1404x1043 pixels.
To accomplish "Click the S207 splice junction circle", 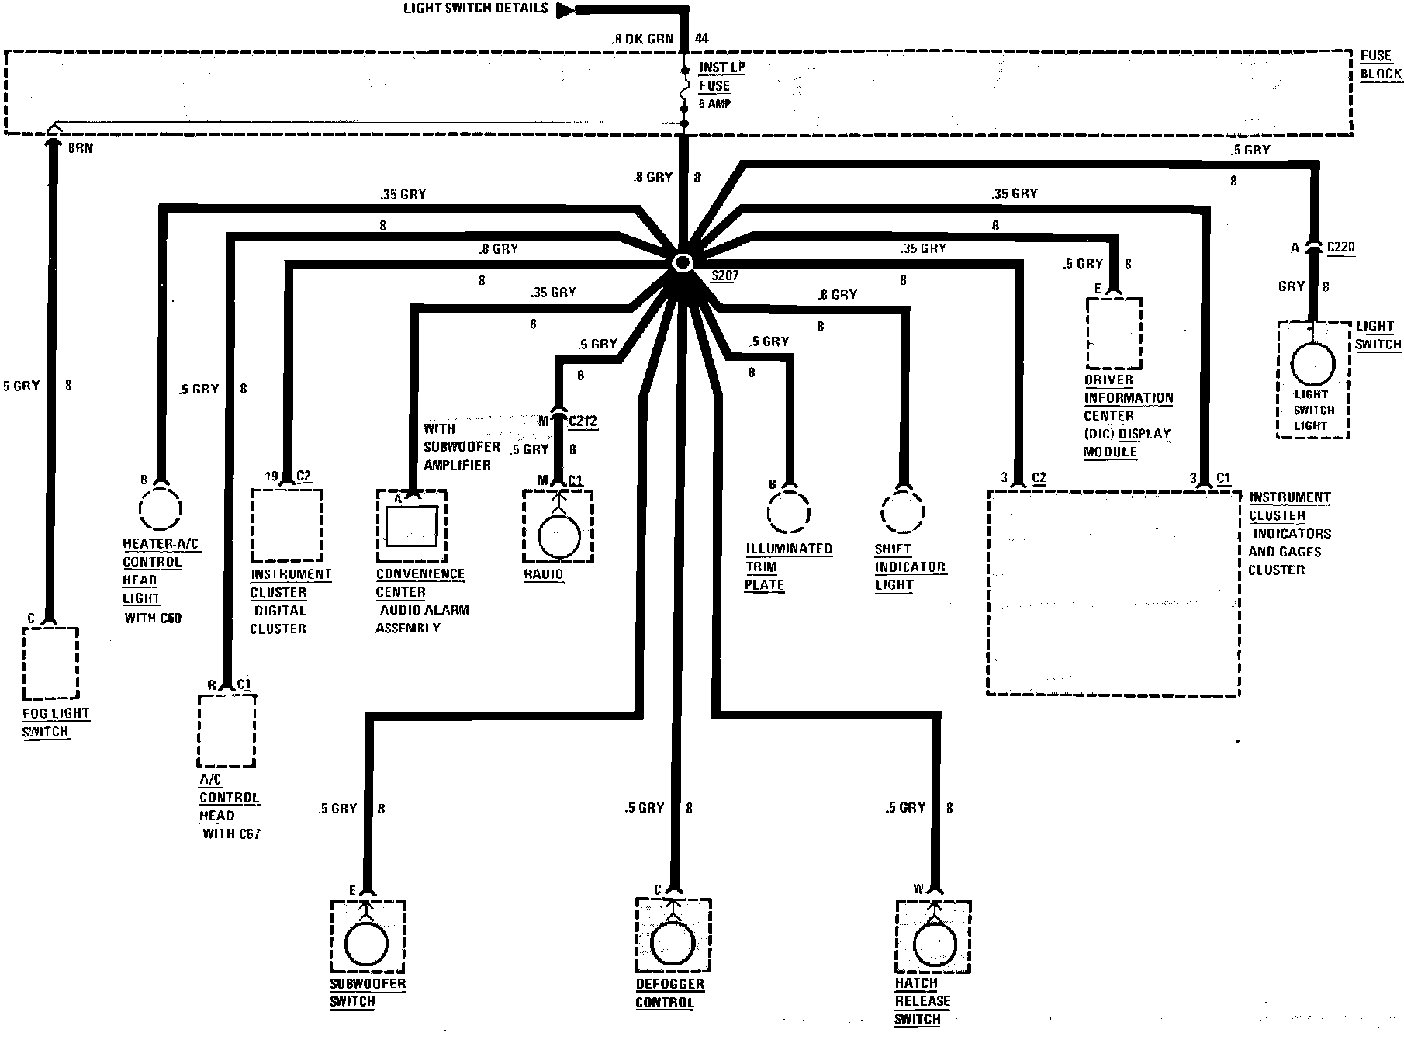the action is [x=683, y=262].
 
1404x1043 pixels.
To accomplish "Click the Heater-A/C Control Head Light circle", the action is [x=160, y=508].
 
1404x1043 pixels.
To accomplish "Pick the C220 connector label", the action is [x=1341, y=248].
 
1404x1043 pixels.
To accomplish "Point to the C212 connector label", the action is [x=583, y=421].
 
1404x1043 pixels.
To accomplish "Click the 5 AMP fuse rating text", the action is [x=715, y=104].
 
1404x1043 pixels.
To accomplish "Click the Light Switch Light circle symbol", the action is [x=1312, y=364].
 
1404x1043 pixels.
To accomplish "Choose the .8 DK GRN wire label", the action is [x=641, y=38].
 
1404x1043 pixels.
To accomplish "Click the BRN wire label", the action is [x=81, y=147].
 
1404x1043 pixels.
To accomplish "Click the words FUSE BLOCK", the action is [x=1381, y=65].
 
